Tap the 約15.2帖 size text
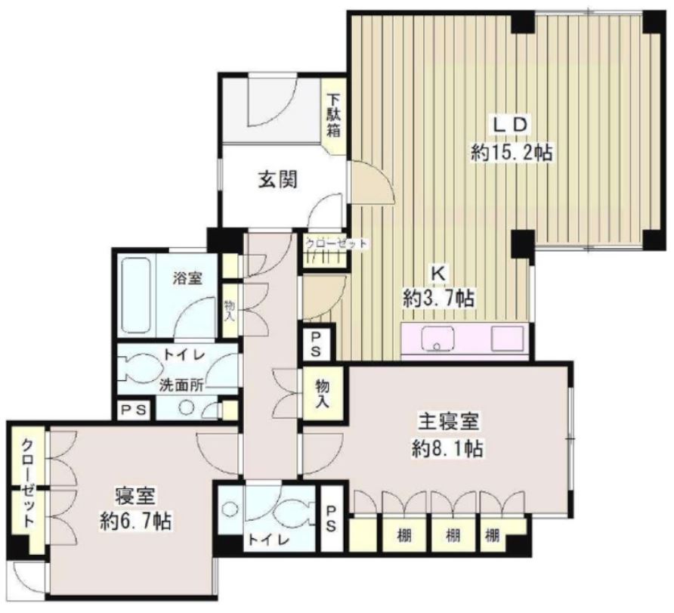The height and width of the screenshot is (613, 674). pos(511,153)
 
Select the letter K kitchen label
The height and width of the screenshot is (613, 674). pos(437,271)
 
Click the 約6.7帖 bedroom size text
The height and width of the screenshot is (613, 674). pos(136,521)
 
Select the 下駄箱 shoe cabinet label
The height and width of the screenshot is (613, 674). pos(333,113)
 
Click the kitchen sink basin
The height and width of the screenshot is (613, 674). pos(436,339)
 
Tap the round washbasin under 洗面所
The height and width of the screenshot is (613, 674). pos(187,407)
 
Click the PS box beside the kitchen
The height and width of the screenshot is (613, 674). pos(315,344)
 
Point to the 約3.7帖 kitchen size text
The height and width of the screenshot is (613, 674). pos(438,299)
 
